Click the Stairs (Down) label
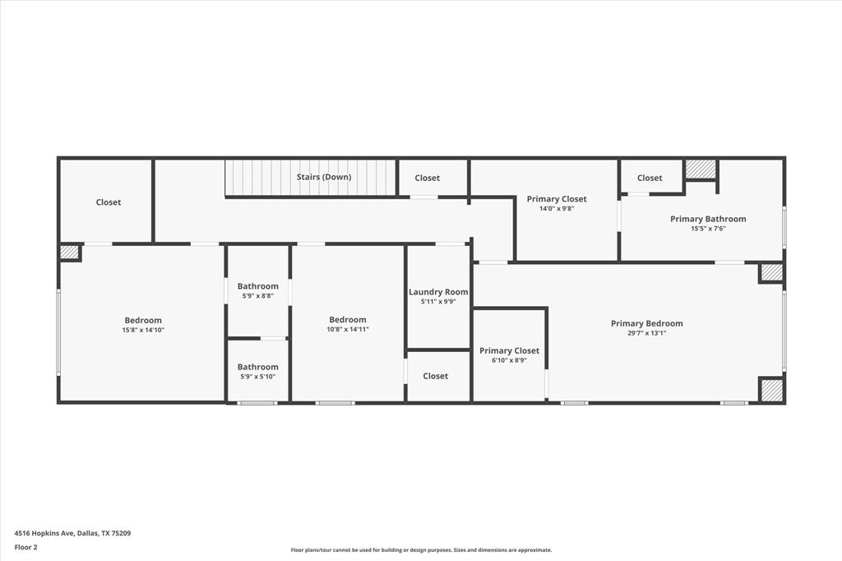pos(324,177)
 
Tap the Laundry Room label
pos(438,292)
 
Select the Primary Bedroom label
pos(646,323)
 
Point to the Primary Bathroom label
pos(708,219)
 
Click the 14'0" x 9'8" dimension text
pos(557,209)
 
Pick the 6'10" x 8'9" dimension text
pos(509,360)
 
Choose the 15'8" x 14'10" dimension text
pos(143,330)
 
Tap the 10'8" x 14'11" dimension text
pos(348,329)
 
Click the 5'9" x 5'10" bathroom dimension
pos(257,377)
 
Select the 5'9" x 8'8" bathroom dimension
pos(257,295)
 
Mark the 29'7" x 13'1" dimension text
pos(646,333)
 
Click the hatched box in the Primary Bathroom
pos(701,169)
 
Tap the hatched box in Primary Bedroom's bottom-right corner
pos(771,390)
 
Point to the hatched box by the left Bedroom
pos(70,253)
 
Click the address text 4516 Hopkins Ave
pos(72,533)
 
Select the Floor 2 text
pos(25,547)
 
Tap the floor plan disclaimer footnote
pos(421,550)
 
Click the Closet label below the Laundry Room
pos(435,376)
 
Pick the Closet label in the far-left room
pos(109,202)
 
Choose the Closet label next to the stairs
pos(427,178)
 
